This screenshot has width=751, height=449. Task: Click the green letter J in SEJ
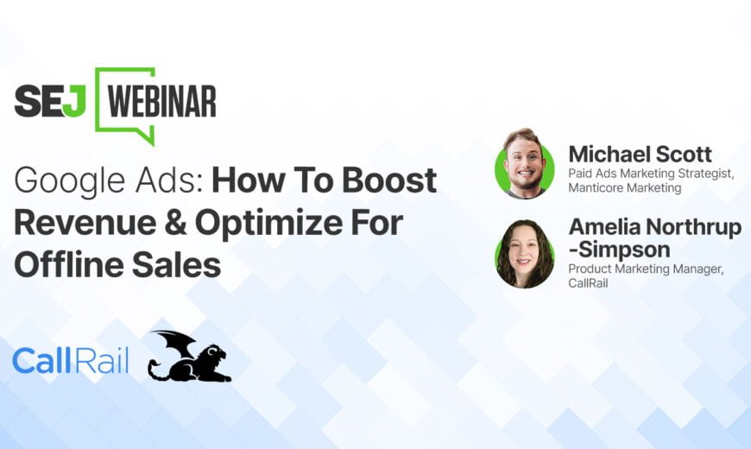point(75,102)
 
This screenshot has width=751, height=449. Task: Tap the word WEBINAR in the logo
point(162,102)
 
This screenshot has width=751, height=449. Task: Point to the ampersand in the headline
point(175,223)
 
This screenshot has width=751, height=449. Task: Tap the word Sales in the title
point(176,265)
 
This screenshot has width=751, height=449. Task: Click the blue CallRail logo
point(71,361)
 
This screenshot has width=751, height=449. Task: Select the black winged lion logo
point(190,356)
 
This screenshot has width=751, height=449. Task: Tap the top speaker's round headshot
point(525,164)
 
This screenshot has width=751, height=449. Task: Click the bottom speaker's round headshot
point(525,254)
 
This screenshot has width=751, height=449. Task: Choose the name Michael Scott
point(640,155)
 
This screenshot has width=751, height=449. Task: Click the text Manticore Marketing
point(625,188)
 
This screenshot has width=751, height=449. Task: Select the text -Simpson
point(619,250)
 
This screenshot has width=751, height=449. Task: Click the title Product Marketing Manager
point(646,269)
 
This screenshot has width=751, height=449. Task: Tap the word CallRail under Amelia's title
point(588,283)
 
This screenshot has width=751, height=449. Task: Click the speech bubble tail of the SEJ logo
point(146,134)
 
